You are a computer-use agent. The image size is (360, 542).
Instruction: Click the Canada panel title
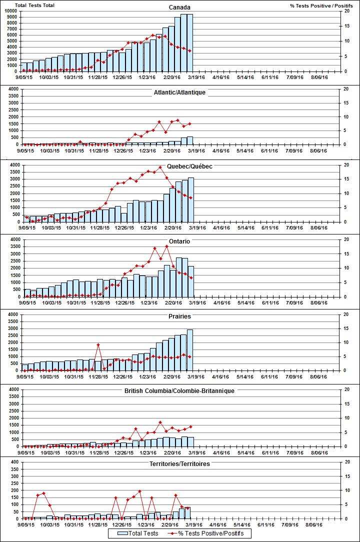coord(179,7)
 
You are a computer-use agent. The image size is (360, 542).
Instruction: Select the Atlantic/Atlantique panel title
coord(179,92)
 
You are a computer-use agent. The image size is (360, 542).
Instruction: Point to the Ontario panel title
coord(179,241)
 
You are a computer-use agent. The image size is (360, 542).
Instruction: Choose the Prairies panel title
coord(179,316)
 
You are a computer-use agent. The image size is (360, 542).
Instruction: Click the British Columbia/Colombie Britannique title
coord(179,390)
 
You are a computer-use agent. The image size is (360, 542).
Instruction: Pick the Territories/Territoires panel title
coord(179,464)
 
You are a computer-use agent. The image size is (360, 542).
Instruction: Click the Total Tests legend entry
coord(139,533)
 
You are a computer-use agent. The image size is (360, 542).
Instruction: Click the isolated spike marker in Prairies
coord(98,344)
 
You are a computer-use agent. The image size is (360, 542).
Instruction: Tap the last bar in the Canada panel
coord(190,42)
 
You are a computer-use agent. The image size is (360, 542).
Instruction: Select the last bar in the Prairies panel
coord(190,350)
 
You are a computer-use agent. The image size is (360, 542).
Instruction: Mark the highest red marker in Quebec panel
coord(160,167)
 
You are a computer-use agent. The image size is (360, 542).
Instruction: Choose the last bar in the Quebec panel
coord(190,199)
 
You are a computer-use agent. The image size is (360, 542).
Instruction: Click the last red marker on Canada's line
coord(190,51)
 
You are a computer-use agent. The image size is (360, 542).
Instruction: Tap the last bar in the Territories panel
coord(188,513)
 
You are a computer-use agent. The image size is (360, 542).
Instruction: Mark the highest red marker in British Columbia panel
coord(160,422)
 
